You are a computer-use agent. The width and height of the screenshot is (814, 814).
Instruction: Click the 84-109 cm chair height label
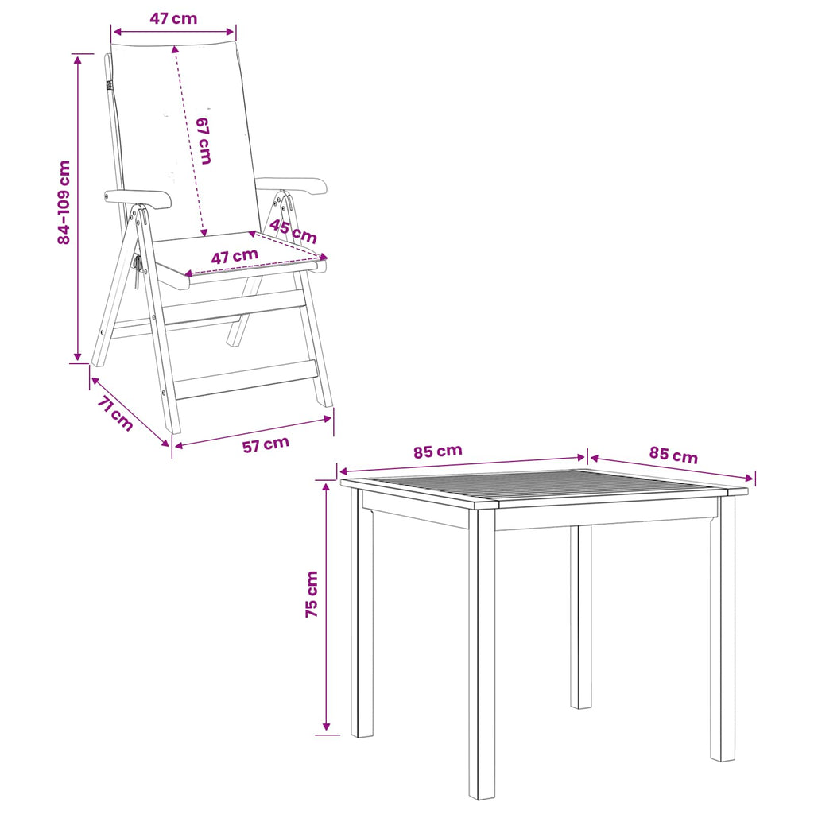point(64,202)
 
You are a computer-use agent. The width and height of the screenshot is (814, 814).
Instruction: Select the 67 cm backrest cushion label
point(203,141)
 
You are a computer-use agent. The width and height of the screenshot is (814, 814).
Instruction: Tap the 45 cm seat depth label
point(293,231)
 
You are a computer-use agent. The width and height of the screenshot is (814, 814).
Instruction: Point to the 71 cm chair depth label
point(115,413)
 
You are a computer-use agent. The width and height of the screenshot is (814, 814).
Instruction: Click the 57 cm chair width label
point(266,444)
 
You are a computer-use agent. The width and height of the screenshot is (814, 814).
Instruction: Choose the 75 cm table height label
point(312,594)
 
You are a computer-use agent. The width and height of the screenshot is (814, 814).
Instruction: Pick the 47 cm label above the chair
point(173,19)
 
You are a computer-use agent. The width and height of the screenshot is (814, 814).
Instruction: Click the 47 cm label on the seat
point(235,256)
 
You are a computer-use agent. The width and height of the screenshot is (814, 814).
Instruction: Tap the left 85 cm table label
point(438,452)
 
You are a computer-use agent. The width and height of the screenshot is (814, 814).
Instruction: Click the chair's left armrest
point(138,198)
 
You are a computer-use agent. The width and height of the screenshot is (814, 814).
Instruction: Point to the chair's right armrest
point(293,185)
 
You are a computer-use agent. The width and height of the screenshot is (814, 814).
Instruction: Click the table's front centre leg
point(482,654)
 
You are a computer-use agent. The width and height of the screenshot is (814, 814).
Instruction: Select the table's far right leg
point(723,628)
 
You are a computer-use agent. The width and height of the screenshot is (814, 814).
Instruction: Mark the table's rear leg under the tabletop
point(581,617)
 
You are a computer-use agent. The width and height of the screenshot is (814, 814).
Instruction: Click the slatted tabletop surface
point(544,488)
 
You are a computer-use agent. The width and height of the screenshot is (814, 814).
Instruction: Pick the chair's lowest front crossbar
point(246,380)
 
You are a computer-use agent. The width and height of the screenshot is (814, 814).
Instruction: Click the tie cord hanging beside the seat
point(138,272)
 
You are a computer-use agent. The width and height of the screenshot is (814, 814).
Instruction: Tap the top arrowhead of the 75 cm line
point(327,486)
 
